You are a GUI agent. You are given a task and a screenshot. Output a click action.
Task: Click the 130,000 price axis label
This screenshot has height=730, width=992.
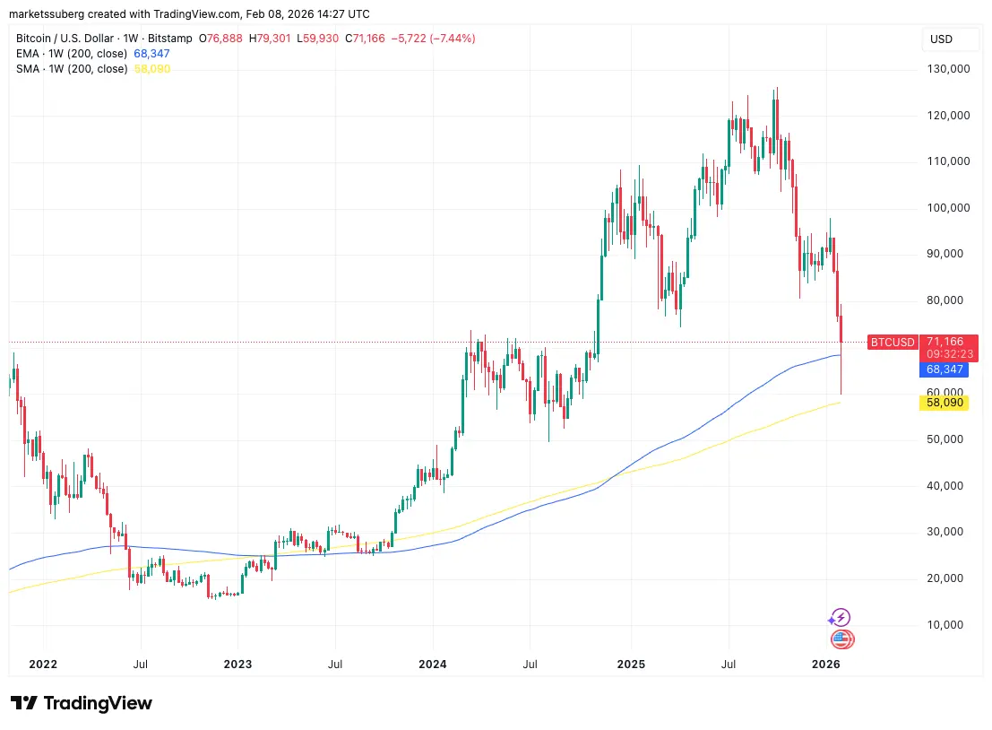(949, 69)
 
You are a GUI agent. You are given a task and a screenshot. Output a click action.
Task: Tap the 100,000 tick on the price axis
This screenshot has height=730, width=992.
(949, 208)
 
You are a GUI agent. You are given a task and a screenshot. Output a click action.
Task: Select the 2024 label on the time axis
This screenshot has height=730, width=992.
(433, 665)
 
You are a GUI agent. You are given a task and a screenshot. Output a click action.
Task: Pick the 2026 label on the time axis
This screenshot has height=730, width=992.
(825, 665)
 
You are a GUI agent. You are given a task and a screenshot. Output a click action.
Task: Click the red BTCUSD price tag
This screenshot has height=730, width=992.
(893, 342)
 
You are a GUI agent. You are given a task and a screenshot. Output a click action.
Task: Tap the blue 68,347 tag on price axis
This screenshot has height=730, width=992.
(944, 369)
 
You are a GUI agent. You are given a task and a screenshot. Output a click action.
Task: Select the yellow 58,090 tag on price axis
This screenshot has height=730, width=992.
(944, 404)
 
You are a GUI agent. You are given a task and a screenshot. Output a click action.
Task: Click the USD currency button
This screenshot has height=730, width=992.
(942, 39)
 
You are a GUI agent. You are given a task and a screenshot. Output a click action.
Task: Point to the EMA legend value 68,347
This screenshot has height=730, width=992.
(151, 54)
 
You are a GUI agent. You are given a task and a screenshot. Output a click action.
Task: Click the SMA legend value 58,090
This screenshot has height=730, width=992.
(151, 69)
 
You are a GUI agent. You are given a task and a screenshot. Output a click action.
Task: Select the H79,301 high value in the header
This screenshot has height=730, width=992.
(266, 39)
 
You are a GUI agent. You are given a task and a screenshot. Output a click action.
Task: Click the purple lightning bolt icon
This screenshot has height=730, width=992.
(840, 617)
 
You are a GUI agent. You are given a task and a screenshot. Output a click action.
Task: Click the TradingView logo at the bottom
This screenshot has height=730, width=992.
(82, 703)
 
